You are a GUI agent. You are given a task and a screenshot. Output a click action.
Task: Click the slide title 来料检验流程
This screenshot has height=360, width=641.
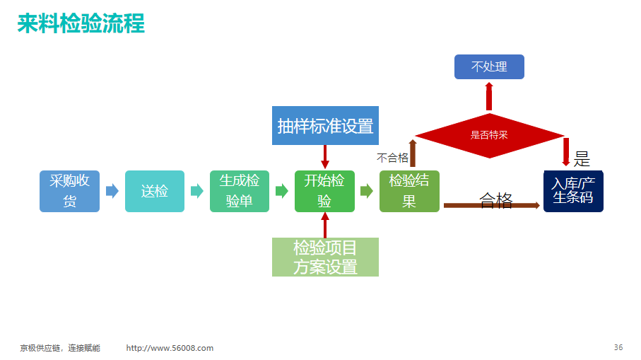click(81, 23)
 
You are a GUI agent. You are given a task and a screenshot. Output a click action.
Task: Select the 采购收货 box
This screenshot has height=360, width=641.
click(69, 191)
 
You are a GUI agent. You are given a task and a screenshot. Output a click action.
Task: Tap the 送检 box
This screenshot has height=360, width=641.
click(155, 191)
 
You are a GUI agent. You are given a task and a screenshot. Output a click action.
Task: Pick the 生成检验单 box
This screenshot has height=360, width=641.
click(240, 191)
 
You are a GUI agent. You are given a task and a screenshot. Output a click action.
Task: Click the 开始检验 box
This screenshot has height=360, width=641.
click(324, 191)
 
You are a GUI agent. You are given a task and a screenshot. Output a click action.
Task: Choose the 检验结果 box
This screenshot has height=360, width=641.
click(409, 191)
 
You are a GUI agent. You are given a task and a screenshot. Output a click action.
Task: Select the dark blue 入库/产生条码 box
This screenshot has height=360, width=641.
click(573, 191)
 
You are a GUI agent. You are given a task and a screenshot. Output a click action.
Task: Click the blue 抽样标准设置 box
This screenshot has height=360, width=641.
click(325, 126)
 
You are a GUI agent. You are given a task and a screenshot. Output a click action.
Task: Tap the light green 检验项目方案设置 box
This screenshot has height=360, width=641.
click(325, 257)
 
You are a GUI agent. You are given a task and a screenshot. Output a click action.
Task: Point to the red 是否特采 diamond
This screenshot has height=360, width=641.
click(489, 135)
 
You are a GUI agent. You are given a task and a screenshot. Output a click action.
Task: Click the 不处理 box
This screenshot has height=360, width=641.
click(489, 66)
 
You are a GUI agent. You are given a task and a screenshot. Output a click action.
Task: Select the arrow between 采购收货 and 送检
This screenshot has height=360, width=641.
click(112, 191)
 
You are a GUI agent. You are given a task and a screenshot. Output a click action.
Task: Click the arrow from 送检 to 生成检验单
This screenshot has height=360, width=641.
click(197, 191)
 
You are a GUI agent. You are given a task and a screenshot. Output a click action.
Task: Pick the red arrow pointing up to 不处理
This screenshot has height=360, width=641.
click(489, 96)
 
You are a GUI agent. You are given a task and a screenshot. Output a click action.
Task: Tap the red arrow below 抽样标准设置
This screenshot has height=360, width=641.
click(325, 157)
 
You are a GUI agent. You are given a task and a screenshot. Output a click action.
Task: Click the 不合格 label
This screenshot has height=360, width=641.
click(392, 158)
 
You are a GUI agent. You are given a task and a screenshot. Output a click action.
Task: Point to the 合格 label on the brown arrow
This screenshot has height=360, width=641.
click(496, 200)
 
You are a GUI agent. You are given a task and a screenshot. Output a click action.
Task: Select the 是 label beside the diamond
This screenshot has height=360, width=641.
click(582, 158)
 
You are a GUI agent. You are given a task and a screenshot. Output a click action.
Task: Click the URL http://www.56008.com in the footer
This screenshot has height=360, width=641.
click(170, 348)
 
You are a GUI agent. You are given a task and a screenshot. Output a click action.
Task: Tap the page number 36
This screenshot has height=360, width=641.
click(618, 347)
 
